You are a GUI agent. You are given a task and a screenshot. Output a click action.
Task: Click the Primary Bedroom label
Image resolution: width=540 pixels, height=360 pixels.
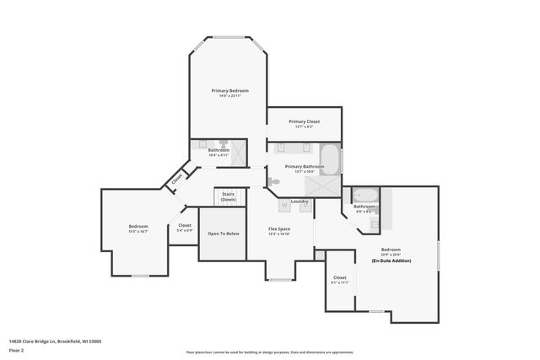coord(225,89)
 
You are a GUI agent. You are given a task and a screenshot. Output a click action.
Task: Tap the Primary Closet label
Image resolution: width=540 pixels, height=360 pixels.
coord(305,121)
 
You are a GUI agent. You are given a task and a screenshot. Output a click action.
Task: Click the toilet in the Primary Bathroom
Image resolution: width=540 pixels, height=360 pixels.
coord(274,181)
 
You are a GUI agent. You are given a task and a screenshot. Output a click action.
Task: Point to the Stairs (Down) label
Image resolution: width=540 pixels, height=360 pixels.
coord(228,196)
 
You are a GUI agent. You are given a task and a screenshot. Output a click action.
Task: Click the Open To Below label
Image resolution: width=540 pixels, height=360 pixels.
coord(224,234)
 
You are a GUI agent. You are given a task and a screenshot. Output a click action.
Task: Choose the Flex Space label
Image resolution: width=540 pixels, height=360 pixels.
coord(279,229)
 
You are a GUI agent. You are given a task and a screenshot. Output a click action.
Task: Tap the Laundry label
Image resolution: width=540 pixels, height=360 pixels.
coord(300,201)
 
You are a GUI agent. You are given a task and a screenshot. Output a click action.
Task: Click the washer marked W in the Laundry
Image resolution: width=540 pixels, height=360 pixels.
coord(284,205)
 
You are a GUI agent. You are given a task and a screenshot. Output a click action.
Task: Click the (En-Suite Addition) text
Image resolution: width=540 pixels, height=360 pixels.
coord(391,261)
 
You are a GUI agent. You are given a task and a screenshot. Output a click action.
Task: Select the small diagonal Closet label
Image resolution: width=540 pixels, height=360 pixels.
coord(177,179)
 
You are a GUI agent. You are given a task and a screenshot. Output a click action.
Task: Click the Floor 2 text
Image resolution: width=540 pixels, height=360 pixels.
coord(17,351)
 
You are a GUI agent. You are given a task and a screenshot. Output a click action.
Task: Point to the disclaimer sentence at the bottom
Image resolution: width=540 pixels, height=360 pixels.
coord(270,352)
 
